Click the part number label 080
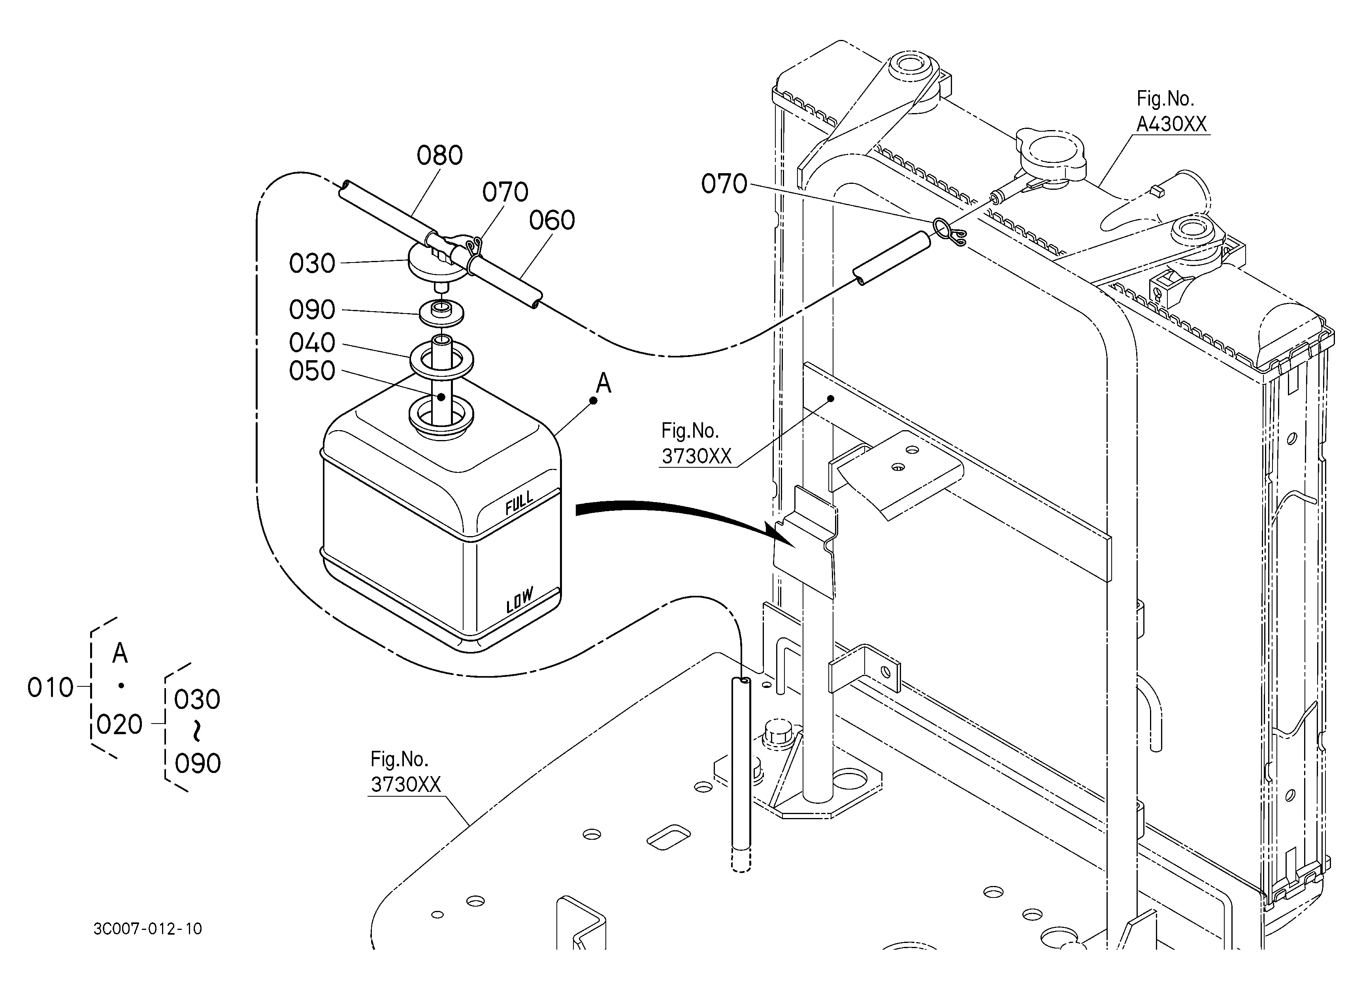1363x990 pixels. (x=439, y=156)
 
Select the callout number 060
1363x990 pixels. (x=552, y=221)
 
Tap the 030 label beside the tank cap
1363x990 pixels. (x=312, y=264)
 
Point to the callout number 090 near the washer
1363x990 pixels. (x=312, y=310)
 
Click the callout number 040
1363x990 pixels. (x=312, y=343)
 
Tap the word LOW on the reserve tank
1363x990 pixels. (x=519, y=600)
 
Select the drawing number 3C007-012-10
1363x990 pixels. (x=148, y=929)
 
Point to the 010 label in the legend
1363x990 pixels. (x=51, y=688)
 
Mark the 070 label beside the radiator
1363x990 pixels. (x=724, y=184)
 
